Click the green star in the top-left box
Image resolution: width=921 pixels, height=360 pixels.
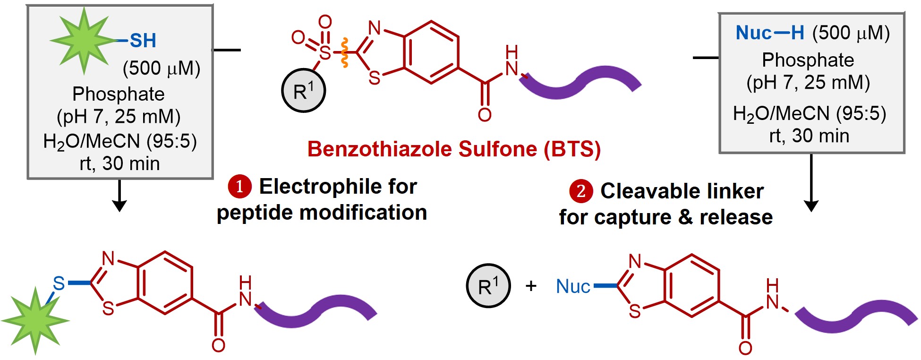click(84, 41)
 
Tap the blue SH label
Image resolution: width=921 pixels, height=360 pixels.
click(143, 41)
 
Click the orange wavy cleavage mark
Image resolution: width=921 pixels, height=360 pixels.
click(345, 52)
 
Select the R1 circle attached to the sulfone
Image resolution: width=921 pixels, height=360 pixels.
click(303, 91)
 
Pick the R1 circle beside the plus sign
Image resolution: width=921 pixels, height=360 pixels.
click(488, 286)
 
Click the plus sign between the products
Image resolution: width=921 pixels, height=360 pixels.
click(531, 286)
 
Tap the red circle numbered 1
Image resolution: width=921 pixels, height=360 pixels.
click(239, 187)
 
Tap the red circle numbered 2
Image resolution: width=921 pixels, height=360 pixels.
click(581, 191)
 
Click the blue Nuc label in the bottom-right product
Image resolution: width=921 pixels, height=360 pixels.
click(573, 286)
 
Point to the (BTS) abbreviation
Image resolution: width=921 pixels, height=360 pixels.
click(572, 149)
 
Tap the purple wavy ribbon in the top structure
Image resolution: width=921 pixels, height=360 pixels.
click(581, 83)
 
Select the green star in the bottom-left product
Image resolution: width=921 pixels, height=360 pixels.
click(35, 320)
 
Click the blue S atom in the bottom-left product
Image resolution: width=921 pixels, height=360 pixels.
click(59, 283)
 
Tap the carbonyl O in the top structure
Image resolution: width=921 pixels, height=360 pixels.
click(485, 114)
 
